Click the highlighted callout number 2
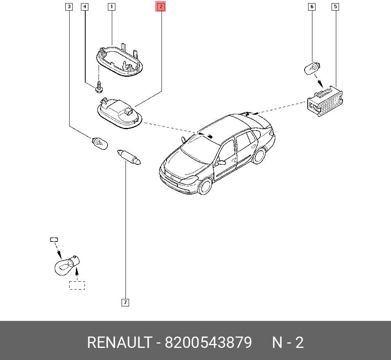coord(161,7)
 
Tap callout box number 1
coord(111,7)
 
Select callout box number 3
coord(69,7)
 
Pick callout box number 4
coord(85,7)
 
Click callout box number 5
coord(335,7)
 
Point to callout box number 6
coord(312,7)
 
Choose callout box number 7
coord(125,302)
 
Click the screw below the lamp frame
coord(99,86)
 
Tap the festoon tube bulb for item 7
coord(129,157)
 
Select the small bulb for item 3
coord(100,144)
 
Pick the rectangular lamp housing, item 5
coord(325,101)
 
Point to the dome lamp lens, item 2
coord(120,114)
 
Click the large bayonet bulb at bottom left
coord(67,266)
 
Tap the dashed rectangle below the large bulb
coord(77,285)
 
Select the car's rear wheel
coord(259,156)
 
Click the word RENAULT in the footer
coord(120,342)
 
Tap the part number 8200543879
coord(208,342)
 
